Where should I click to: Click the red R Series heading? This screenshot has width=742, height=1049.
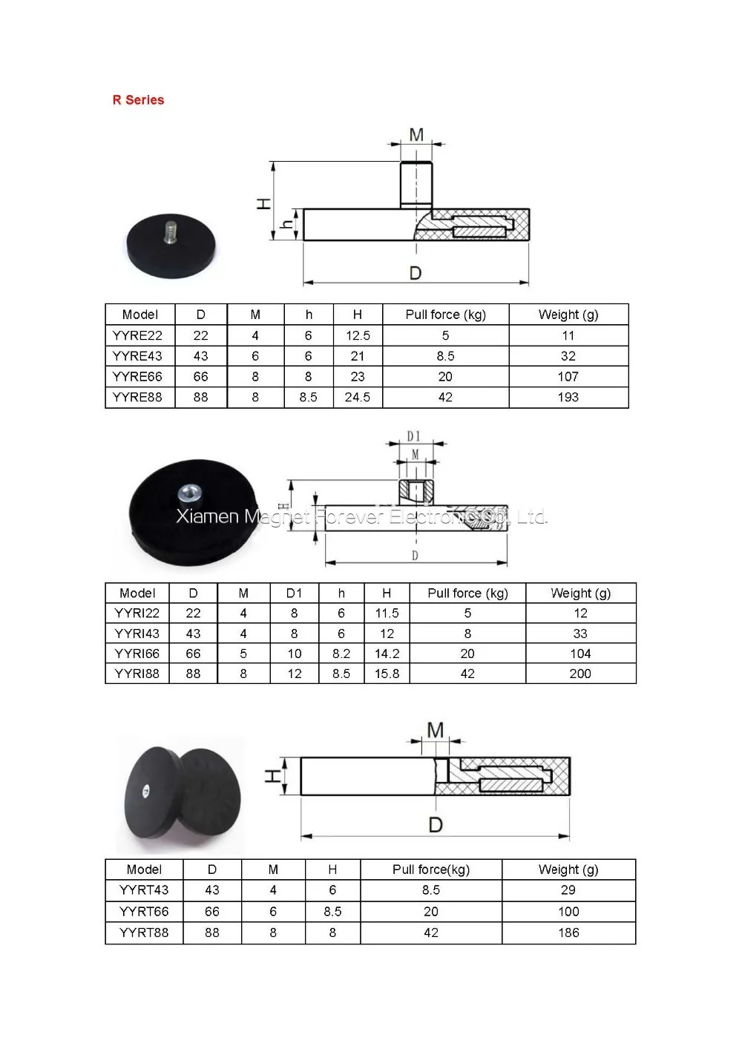coord(138,99)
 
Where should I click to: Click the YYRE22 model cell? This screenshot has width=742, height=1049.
coord(137,335)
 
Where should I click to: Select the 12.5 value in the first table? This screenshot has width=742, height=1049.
coord(358,335)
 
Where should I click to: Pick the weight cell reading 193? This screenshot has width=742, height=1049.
coord(568,397)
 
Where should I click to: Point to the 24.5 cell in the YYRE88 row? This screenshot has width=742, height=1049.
coord(358,397)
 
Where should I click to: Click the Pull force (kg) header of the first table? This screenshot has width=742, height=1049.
coord(445,315)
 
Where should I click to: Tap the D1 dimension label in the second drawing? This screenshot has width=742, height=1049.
coord(413,436)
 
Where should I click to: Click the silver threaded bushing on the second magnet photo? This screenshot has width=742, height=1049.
coord(190,493)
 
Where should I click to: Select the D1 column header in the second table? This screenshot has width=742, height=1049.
coord(294,593)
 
